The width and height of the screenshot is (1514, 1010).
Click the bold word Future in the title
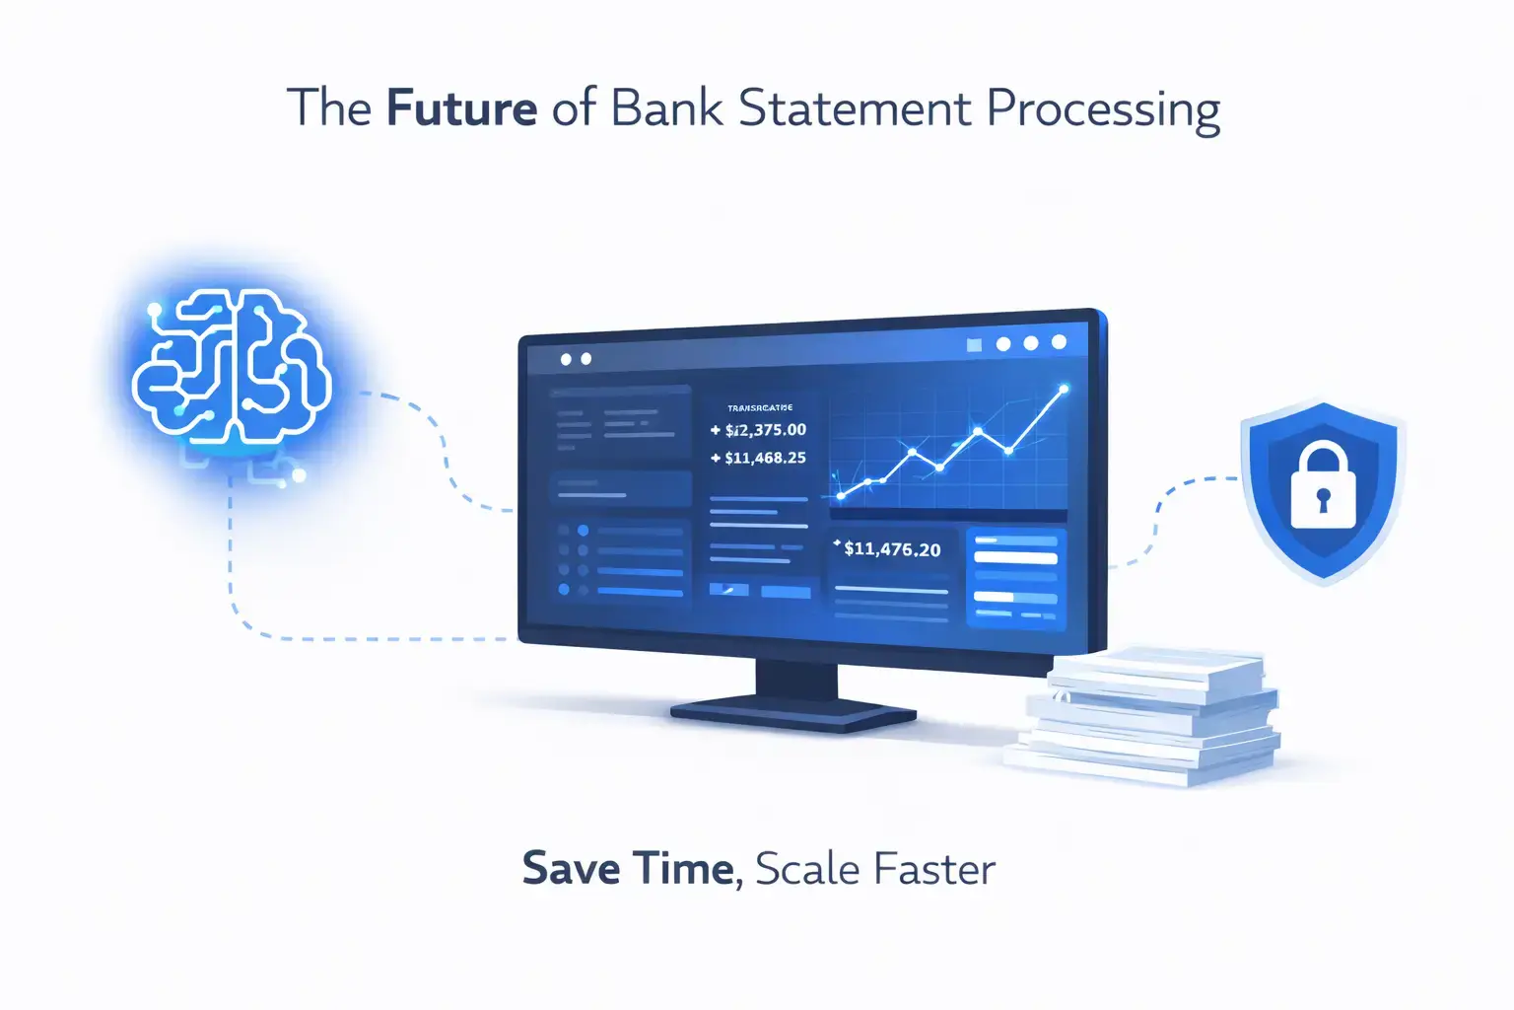461,108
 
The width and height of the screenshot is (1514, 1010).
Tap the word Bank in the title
667,108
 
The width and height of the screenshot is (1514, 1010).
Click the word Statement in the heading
855,108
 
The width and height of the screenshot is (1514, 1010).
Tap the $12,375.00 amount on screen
765,430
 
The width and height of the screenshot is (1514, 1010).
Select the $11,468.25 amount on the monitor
765,458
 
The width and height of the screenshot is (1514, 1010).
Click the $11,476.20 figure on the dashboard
892,549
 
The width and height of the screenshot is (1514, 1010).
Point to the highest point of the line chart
1064,390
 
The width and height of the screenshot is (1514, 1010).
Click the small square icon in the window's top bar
975,345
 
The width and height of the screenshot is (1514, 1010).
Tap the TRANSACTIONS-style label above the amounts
760,407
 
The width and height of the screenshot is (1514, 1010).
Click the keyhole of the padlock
1323,498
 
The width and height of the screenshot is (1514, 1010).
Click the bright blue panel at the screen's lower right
1016,579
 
